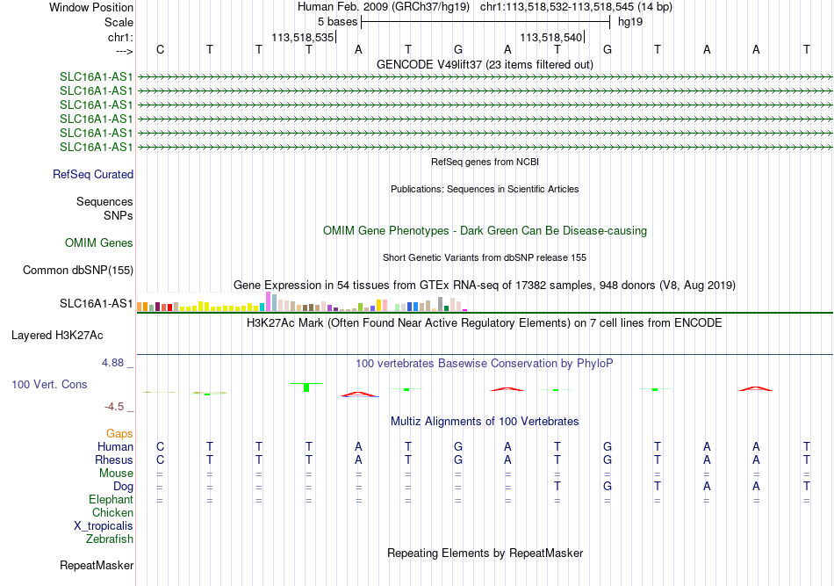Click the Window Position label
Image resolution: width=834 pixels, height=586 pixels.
(91, 7)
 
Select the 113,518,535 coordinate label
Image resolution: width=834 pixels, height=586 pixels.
(303, 37)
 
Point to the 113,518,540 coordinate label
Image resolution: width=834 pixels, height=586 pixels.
(551, 37)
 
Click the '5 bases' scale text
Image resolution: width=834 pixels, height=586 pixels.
(338, 22)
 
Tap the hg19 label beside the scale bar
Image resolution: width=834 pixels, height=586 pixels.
(630, 22)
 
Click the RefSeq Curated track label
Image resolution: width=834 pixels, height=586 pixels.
(93, 175)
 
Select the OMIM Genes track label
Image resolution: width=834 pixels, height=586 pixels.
(99, 243)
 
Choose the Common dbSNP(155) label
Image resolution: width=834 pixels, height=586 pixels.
(78, 271)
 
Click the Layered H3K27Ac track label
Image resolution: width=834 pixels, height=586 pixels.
(57, 336)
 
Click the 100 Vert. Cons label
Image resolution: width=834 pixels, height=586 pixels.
(49, 384)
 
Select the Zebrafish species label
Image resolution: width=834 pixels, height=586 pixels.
(110, 539)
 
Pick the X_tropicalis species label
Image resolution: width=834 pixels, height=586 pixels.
(104, 526)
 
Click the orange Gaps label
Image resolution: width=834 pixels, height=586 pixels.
(119, 434)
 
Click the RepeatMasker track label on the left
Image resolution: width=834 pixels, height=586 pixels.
(97, 565)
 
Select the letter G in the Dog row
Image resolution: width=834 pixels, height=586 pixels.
(608, 487)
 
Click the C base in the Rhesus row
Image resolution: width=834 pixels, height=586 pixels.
(160, 459)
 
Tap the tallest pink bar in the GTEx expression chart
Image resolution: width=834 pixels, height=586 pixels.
(268, 301)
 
